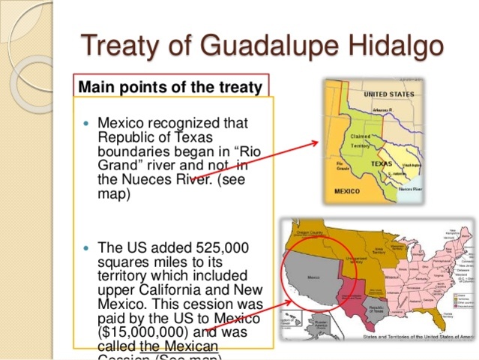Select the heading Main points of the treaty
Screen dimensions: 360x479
coord(170,87)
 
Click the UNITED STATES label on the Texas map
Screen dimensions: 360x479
coord(388,95)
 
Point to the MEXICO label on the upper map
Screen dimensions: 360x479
coord(346,191)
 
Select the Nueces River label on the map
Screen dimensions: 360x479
coord(409,190)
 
